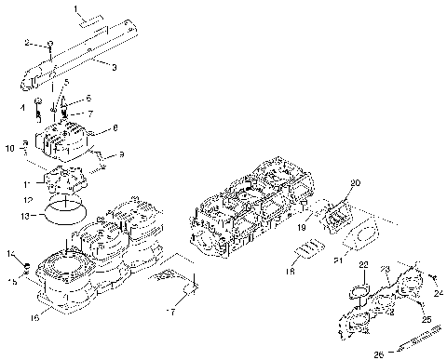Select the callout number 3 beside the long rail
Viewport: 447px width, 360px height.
113,68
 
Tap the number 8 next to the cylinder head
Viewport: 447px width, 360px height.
115,128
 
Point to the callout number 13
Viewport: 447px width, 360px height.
33,216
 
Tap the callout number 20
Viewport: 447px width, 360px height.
355,182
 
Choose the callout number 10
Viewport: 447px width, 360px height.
8,147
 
